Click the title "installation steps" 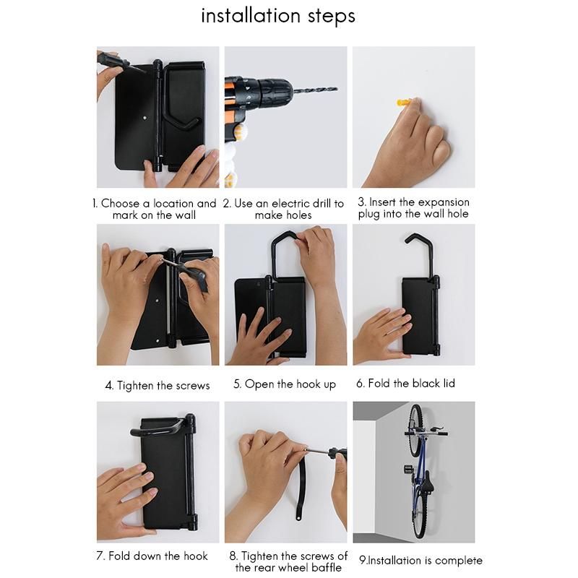click(278, 17)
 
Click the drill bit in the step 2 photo click(316, 90)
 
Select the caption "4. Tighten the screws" click(158, 386)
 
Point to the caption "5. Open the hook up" click(285, 384)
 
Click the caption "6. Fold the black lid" click(405, 384)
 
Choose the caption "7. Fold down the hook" click(152, 556)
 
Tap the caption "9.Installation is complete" click(420, 561)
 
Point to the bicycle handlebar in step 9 click(426, 432)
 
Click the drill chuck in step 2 click(275, 90)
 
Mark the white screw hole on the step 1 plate click(145, 118)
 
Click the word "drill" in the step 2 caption click(322, 203)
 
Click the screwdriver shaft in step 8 click(316, 451)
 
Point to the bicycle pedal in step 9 click(408, 468)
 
